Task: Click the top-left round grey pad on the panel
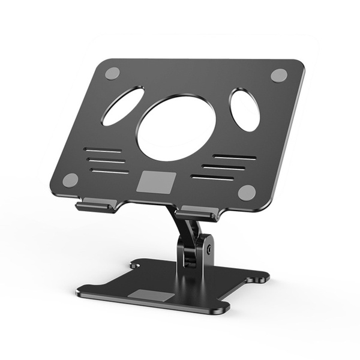pos(112,73)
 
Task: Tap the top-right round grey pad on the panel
pos(278,75)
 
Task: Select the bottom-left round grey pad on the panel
pos(71,179)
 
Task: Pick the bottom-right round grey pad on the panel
pos(247,192)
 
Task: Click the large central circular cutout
pos(176,128)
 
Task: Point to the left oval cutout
pos(123,106)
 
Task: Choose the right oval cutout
pos(245,110)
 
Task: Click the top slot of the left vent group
pos(103,150)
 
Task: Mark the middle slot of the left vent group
pos(106,160)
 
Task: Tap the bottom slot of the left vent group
pos(110,171)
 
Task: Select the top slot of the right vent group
pos(235,157)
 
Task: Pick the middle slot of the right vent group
pos(223,167)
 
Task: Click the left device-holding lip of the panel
pos(94,206)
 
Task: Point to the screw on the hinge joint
pos(209,247)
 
